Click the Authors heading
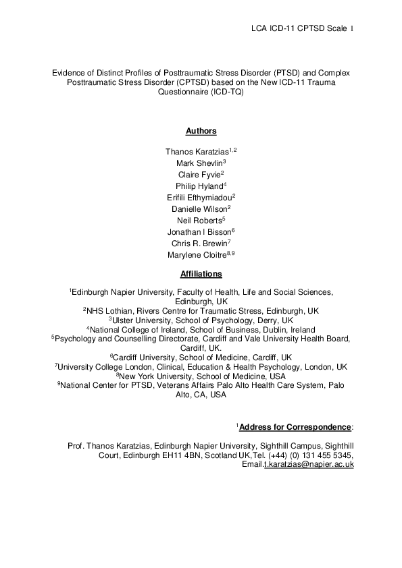click(201, 131)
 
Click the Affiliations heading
click(201, 274)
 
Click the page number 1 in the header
click(352, 29)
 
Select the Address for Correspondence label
click(296, 428)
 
